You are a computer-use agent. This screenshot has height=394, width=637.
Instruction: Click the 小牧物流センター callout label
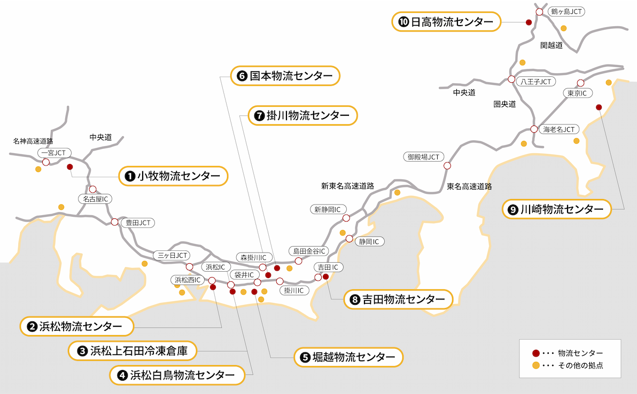point(173,176)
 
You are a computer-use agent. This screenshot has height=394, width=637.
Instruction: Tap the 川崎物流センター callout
point(556,209)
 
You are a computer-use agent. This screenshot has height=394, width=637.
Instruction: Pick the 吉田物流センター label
point(398,300)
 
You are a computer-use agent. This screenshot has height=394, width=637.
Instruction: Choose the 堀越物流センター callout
point(347,357)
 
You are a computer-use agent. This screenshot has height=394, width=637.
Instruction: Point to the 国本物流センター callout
point(285,76)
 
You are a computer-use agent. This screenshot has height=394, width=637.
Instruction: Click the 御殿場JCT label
point(423,157)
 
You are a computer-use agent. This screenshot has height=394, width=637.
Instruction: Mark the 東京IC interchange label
point(577,93)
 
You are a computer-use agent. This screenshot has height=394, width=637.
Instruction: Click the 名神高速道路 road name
point(33,141)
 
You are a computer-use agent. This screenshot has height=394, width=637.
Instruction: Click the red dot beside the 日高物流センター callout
point(529,22)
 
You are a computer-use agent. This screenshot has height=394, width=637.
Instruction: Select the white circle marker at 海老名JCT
point(534,129)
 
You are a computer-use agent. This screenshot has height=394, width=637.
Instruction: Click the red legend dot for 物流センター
point(536,353)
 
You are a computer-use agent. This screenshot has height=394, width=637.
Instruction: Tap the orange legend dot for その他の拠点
point(536,366)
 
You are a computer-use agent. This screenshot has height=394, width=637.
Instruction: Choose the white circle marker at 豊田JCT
point(114,222)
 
